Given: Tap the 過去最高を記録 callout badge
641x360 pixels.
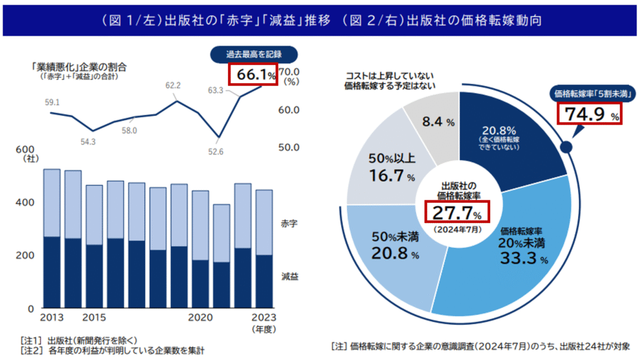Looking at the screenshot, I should tap(254, 54).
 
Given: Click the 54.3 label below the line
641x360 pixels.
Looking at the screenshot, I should tap(88, 142).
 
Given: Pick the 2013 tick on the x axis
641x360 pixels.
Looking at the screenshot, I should tap(52, 317).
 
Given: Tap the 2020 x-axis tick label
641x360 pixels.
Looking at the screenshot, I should tap(200, 317).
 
